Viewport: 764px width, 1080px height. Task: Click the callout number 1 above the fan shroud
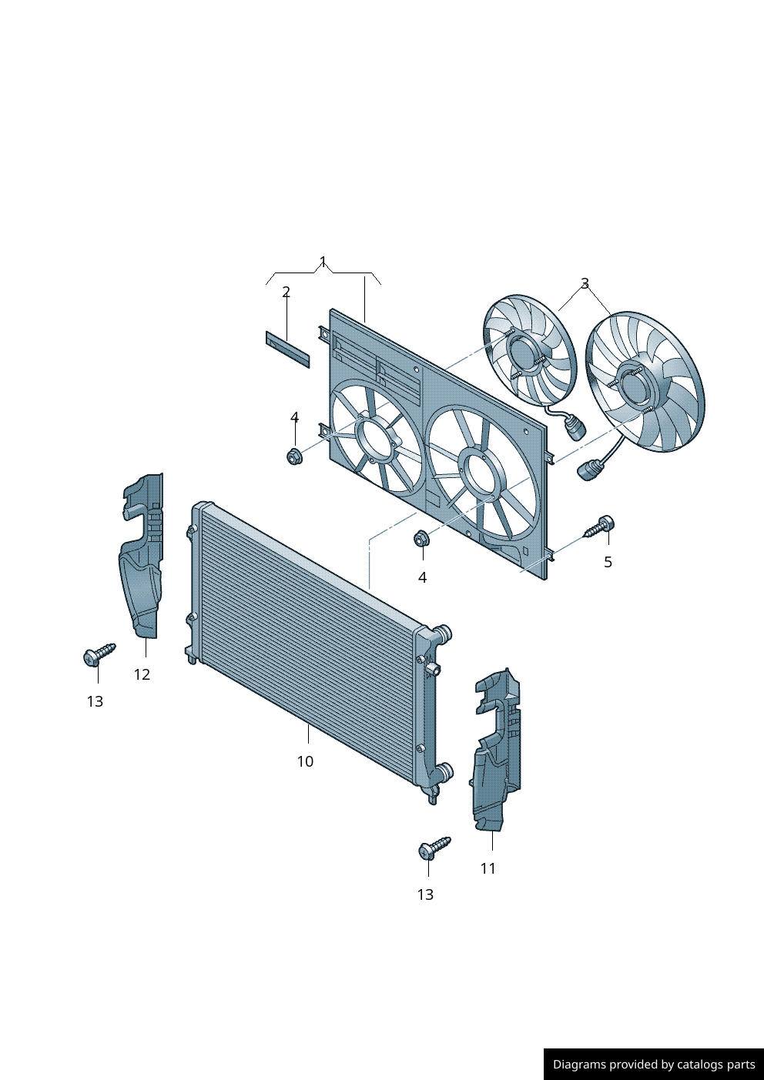point(323,262)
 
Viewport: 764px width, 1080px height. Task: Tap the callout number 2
point(286,292)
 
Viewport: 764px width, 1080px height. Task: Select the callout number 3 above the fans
point(585,283)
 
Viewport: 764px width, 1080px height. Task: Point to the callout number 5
point(608,562)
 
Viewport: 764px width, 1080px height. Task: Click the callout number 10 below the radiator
point(305,761)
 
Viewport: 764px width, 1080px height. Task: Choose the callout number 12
point(142,674)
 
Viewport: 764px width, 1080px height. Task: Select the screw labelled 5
point(598,527)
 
